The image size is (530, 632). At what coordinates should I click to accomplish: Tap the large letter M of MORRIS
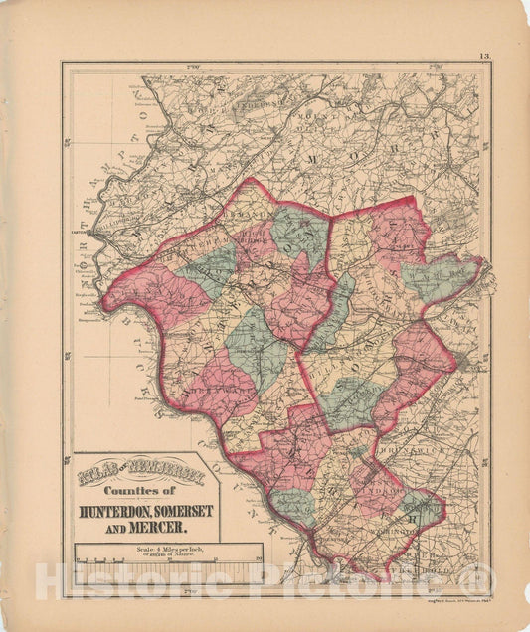(338, 159)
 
